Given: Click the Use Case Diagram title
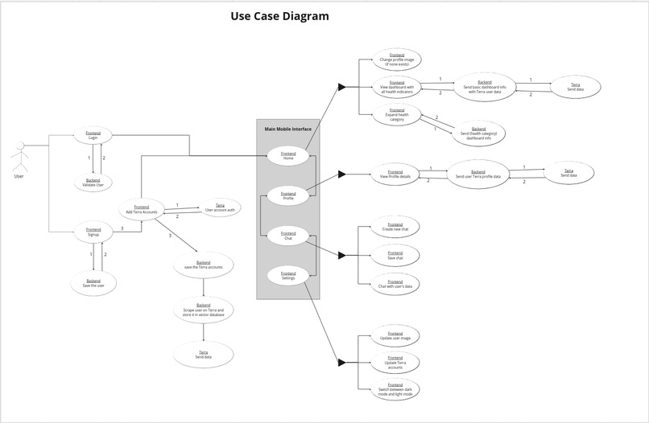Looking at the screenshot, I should pos(279,16).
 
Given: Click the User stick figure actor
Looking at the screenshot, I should pos(19,157).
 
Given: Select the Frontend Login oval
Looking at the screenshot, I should pos(93,135).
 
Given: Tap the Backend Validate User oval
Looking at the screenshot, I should pos(93,183).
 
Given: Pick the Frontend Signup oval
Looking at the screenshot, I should pos(93,232).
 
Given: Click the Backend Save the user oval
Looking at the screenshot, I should pos(93,283).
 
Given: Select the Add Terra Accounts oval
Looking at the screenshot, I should pos(142,209).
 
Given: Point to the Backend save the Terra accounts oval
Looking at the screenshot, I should pos(203,265).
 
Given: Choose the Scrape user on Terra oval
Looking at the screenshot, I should pos(203,310).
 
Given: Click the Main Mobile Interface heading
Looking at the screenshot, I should pos(288,129).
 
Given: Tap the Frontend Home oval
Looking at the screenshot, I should pos(288,154).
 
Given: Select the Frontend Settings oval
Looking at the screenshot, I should pos(288,276).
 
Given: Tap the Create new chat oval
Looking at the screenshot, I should pos(395,228).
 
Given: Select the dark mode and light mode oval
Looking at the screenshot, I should pos(395,390).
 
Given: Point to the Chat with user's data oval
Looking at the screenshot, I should pos(395,283).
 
